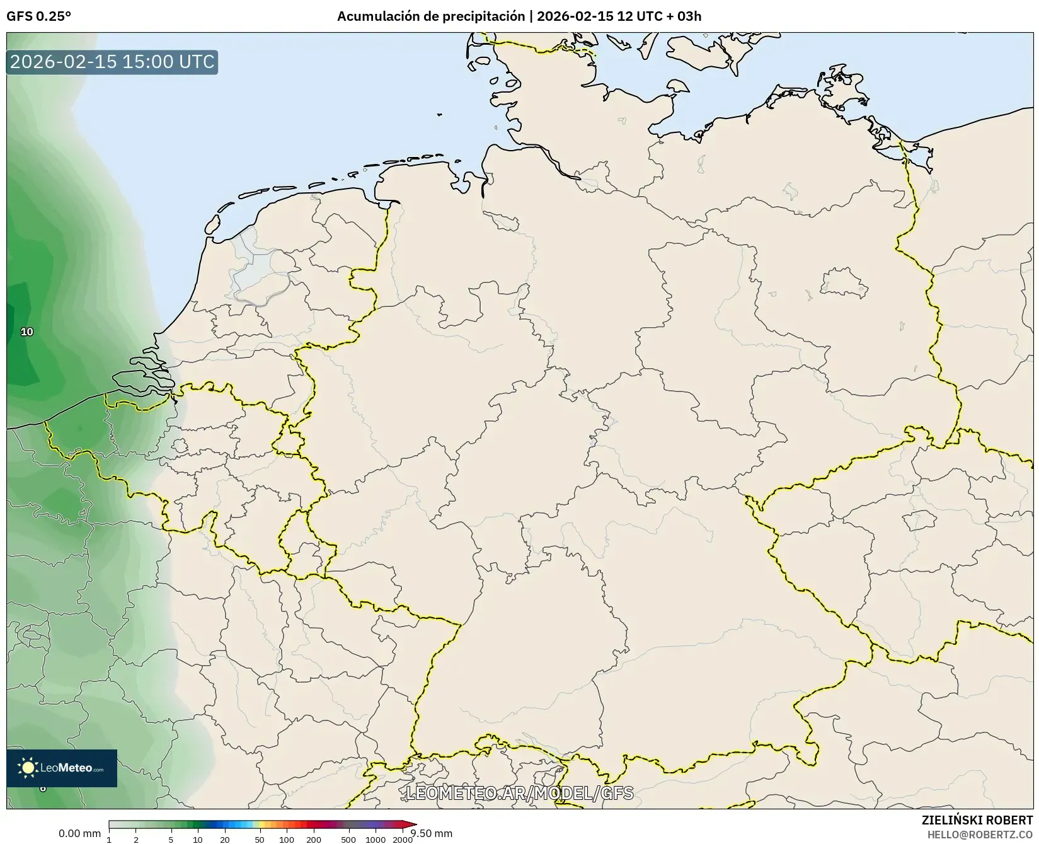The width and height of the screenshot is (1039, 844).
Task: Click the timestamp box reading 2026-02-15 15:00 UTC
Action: (x=112, y=62)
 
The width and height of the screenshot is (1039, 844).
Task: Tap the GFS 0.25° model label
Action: (x=38, y=16)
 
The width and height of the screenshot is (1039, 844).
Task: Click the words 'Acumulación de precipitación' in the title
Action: (x=430, y=16)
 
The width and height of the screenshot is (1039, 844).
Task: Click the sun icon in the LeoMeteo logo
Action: (x=28, y=768)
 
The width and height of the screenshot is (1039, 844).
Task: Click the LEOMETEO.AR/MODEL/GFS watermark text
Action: (x=519, y=793)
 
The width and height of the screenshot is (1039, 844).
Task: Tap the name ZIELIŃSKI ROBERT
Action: (x=977, y=820)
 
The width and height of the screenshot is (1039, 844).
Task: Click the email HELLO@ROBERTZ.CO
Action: (x=980, y=835)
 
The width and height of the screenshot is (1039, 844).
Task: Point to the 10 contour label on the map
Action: (x=26, y=332)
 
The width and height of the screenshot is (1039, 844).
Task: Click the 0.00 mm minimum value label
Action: (x=79, y=834)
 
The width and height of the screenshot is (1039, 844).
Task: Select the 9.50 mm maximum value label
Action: (x=432, y=834)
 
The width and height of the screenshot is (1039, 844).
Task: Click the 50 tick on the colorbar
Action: (x=260, y=839)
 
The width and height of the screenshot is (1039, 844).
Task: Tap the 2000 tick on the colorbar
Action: (x=403, y=839)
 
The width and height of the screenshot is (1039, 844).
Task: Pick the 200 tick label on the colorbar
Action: (x=314, y=839)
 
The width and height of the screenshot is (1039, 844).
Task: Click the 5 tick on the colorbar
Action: (x=171, y=839)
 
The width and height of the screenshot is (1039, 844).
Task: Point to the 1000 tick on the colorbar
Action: (x=376, y=839)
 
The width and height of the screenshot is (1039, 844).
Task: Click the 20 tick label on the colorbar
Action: (x=225, y=839)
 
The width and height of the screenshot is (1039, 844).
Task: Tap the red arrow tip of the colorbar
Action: (x=413, y=824)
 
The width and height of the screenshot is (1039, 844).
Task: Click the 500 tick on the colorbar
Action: (x=348, y=839)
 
